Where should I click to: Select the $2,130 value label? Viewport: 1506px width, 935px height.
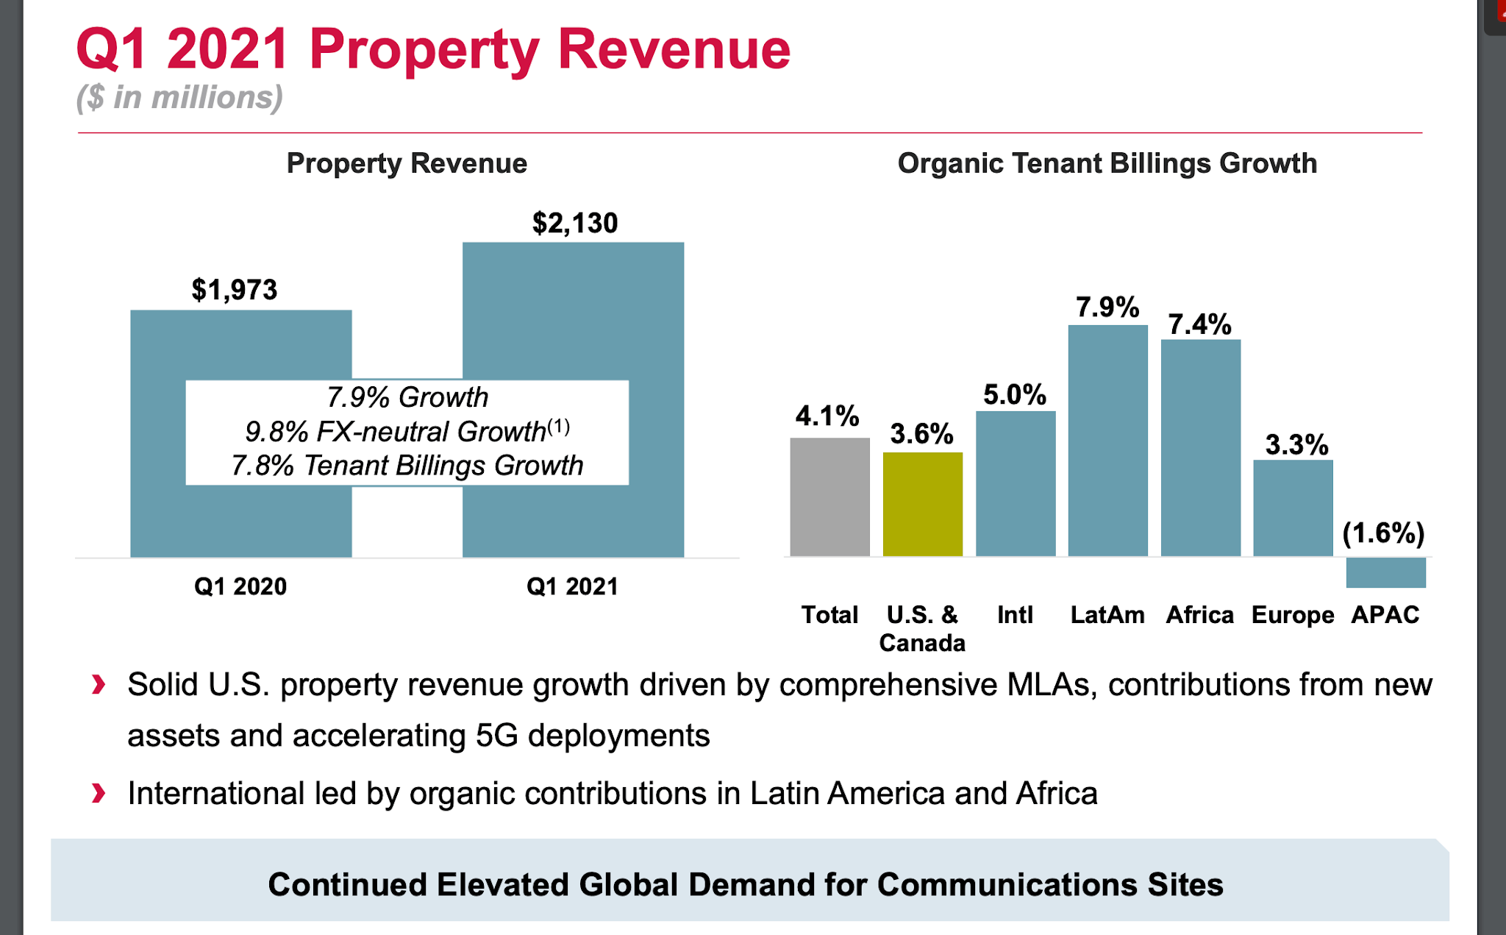click(574, 223)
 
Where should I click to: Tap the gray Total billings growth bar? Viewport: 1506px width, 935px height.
click(829, 497)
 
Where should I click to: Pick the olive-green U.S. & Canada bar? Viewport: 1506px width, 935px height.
click(922, 504)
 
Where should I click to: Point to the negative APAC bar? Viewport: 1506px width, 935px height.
click(1385, 572)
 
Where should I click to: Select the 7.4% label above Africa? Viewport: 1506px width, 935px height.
click(1199, 324)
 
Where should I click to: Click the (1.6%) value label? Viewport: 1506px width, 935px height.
click(1383, 533)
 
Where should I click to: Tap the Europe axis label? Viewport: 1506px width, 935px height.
click(1292, 615)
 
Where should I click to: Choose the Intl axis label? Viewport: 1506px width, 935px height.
click(1015, 615)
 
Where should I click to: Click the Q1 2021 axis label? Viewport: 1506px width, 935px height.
click(572, 586)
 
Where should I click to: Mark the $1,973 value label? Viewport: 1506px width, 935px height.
click(235, 290)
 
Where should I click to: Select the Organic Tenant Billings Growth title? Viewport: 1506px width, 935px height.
click(1107, 163)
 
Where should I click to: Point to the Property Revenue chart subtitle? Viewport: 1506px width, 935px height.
click(407, 163)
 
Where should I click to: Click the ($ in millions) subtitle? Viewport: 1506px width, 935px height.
click(179, 98)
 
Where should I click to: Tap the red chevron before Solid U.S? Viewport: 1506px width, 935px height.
click(99, 685)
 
